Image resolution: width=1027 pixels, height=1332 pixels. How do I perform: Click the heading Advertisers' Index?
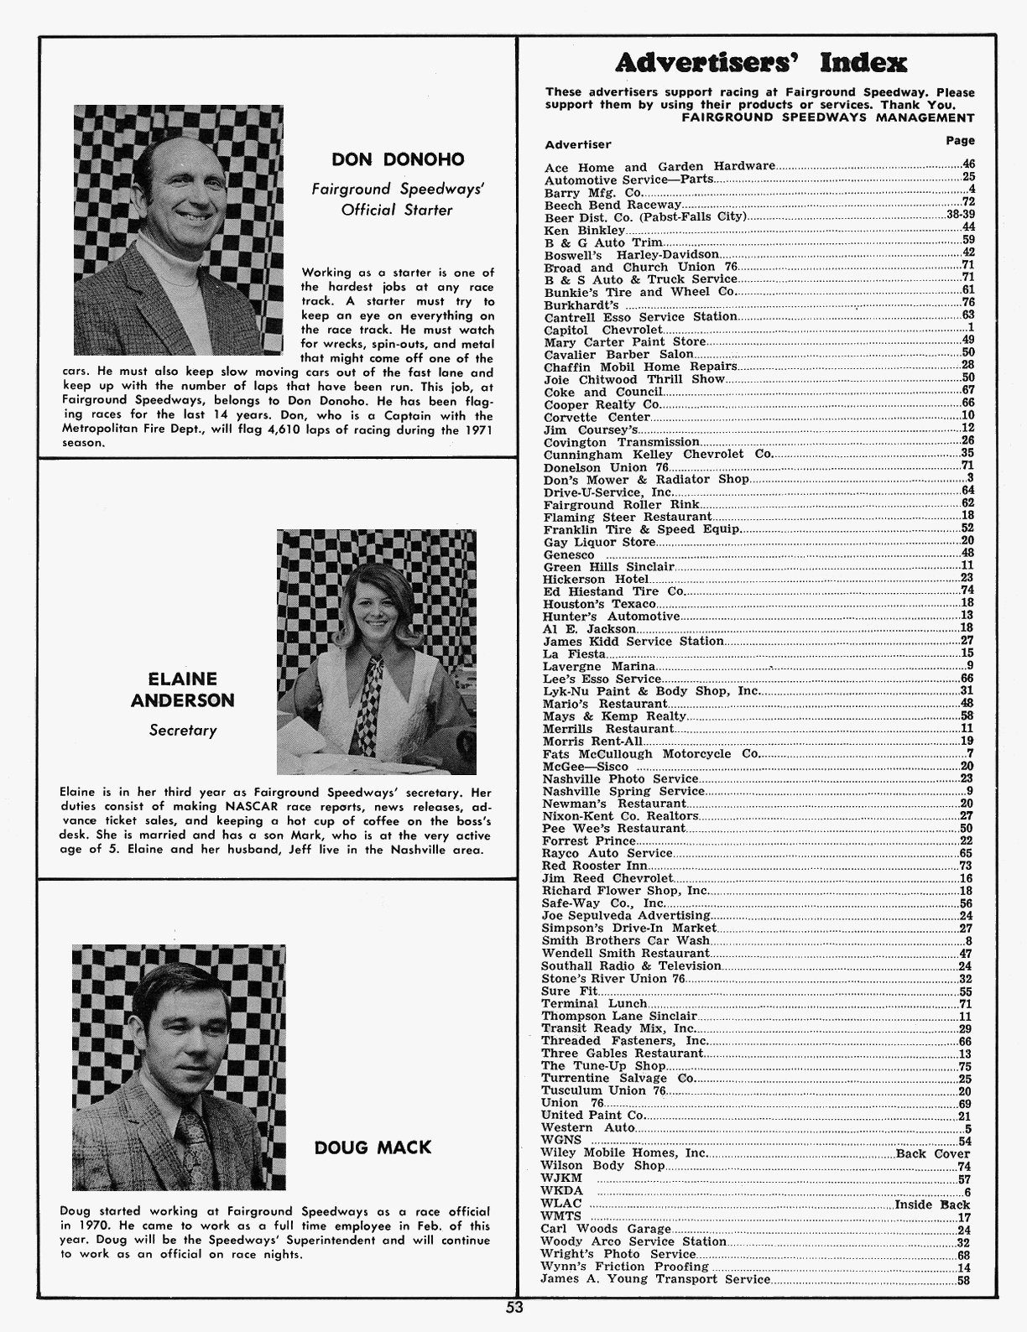761,62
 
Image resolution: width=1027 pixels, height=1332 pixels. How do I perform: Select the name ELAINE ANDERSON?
182,689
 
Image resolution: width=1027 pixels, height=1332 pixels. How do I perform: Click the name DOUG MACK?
373,1147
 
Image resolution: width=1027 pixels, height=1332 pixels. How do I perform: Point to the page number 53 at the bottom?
513,1307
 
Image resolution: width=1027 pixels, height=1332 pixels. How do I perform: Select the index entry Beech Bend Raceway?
613,205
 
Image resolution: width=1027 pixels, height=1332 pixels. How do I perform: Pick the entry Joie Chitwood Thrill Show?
634,379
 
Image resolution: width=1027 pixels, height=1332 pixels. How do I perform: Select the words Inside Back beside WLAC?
931,1204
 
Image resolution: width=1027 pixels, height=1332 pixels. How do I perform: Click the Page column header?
960,141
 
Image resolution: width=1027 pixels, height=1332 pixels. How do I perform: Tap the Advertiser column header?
578,144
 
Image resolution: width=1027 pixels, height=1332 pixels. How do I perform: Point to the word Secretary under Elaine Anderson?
182,731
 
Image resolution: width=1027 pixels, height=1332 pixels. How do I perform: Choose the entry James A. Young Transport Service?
655,1279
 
